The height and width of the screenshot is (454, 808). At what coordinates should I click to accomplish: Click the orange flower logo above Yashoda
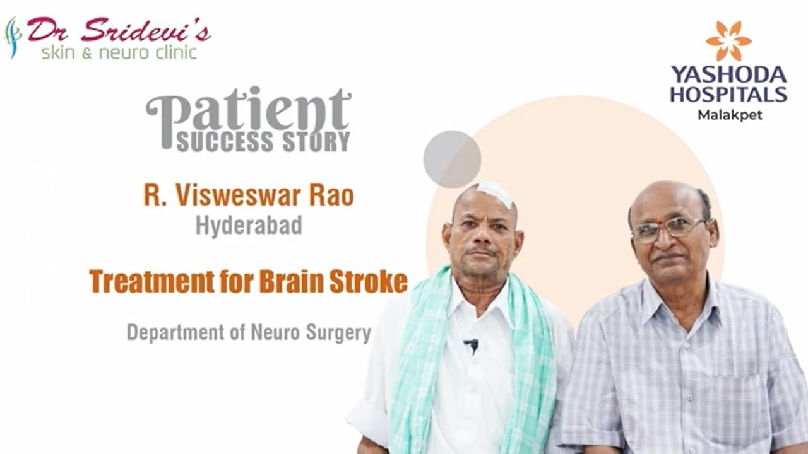click(728, 41)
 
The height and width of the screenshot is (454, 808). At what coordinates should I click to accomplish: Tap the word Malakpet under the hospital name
click(729, 115)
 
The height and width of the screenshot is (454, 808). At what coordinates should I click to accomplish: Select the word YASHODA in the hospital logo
click(728, 75)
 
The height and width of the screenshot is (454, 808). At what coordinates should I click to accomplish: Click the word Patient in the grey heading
click(249, 110)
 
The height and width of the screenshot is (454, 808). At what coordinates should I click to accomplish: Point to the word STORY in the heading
click(316, 142)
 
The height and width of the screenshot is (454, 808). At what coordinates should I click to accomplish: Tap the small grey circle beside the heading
click(452, 159)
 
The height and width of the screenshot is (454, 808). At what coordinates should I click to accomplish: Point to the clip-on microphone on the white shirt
click(471, 345)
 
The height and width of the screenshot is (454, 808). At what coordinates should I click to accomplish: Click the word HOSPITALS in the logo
click(728, 95)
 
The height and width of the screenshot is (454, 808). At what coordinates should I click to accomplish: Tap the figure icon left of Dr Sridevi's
click(12, 37)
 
